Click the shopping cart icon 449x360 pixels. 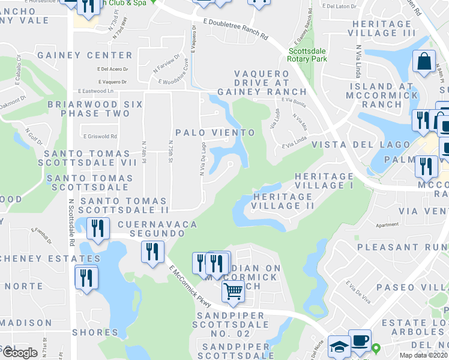[234, 292]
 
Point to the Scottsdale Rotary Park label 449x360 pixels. [307, 55]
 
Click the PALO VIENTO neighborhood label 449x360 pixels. [215, 132]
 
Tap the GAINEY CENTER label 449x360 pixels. [76, 55]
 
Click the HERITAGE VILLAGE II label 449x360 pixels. [284, 201]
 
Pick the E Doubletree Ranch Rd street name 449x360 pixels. [235, 29]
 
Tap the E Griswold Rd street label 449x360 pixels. [100, 136]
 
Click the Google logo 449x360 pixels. [20, 353]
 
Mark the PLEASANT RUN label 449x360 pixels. [403, 247]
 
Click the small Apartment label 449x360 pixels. [387, 225]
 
